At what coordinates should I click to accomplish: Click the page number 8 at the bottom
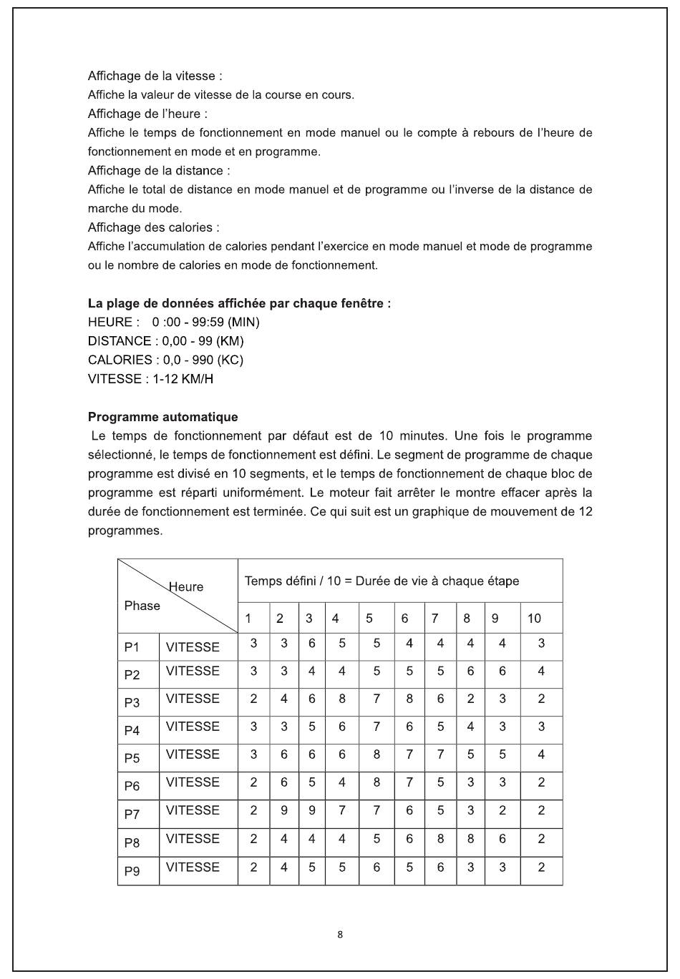click(x=340, y=935)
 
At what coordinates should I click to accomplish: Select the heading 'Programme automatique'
click(x=162, y=417)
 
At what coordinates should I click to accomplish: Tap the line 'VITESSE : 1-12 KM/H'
click(x=150, y=379)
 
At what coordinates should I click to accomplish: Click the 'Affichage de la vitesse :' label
click(x=155, y=76)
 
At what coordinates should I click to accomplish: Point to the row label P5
click(x=132, y=758)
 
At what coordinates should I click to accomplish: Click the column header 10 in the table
click(x=534, y=619)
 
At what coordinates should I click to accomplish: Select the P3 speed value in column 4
click(x=342, y=699)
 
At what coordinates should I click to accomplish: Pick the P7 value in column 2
click(x=284, y=810)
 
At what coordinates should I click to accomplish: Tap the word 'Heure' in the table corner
click(x=186, y=587)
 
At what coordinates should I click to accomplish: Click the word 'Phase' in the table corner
click(x=142, y=606)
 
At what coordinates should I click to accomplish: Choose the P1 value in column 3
click(x=312, y=644)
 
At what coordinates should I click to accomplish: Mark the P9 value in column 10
click(x=541, y=867)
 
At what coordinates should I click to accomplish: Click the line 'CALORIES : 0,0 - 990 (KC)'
click(x=165, y=360)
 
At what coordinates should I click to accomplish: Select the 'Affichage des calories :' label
click(x=153, y=227)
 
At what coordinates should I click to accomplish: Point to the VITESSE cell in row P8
click(x=193, y=839)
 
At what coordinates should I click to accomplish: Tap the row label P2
click(x=132, y=675)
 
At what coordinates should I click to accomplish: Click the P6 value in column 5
click(x=377, y=782)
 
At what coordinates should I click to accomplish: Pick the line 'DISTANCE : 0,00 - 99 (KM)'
click(x=165, y=341)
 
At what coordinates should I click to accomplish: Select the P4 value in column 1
click(x=253, y=727)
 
